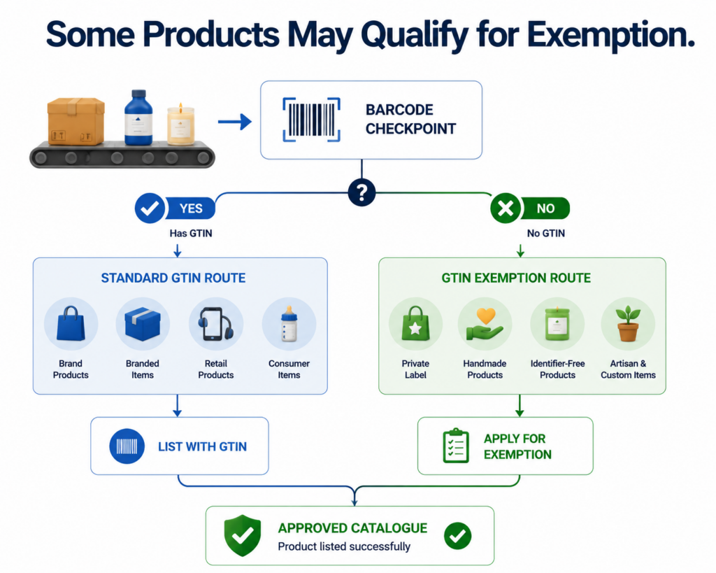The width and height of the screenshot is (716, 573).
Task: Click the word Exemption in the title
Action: [x=611, y=35]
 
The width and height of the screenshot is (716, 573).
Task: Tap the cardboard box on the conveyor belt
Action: [x=76, y=121]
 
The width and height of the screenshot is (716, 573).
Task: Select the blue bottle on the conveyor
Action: [x=138, y=118]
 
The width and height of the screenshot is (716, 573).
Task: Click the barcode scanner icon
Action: [x=311, y=120]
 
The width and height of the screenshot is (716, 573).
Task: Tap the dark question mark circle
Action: [x=361, y=192]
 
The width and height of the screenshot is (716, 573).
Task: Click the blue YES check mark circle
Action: [x=150, y=208]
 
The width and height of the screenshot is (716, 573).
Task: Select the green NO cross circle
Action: [x=506, y=208]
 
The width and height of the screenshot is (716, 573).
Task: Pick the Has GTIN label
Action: [x=191, y=234]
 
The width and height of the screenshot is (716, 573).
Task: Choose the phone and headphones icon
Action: [x=215, y=324]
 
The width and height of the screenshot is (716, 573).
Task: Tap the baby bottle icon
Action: [x=289, y=324]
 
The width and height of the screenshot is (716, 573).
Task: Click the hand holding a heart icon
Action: [x=485, y=325]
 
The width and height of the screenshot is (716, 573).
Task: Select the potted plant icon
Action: [x=629, y=324]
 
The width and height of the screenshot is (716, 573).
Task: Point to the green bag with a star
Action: [x=415, y=324]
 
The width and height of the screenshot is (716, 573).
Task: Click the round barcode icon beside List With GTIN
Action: [x=127, y=446]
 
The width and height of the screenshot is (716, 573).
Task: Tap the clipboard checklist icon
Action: [x=456, y=446]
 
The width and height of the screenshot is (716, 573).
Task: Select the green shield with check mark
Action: [x=243, y=535]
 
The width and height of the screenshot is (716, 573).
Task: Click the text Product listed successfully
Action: [x=344, y=546]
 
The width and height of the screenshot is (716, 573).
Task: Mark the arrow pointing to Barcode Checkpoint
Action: [x=235, y=122]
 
